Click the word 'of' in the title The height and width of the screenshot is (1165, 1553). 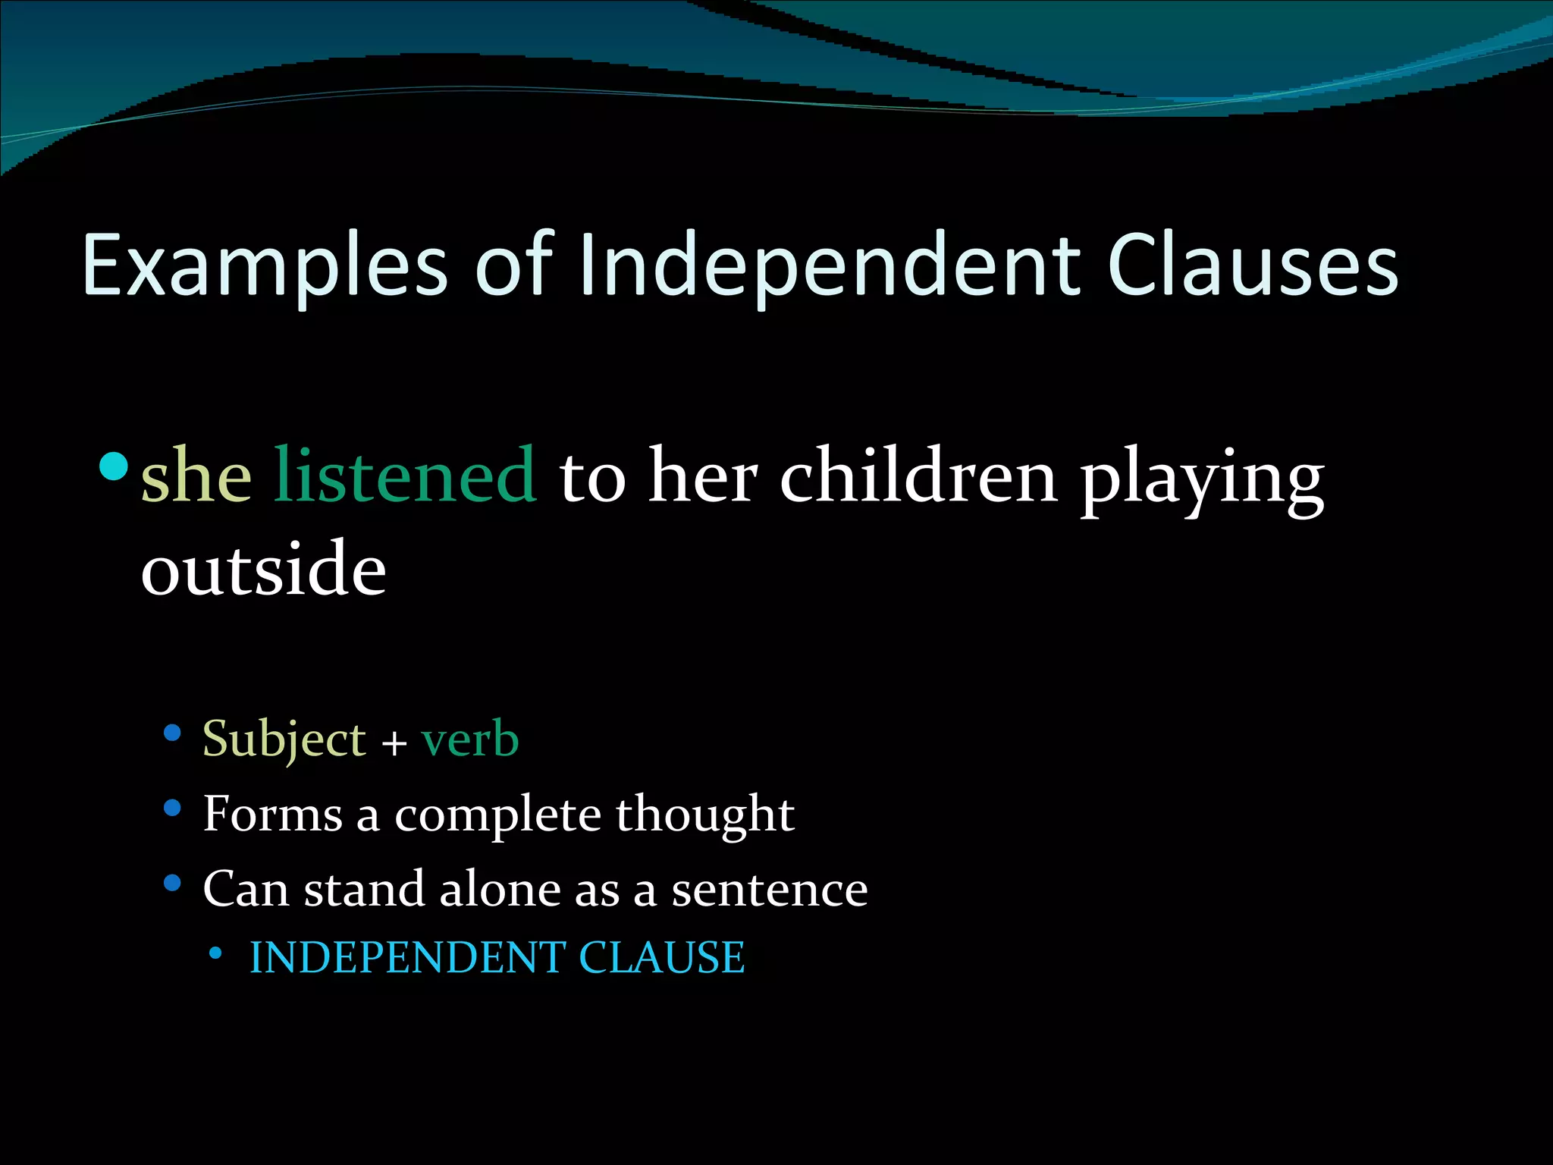[x=516, y=265]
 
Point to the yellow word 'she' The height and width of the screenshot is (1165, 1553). [x=196, y=476]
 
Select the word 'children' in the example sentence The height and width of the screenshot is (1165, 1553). [x=918, y=476]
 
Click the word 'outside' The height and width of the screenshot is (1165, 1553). [x=264, y=569]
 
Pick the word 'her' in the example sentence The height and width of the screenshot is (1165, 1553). [x=703, y=476]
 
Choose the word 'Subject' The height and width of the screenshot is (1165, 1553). [x=284, y=740]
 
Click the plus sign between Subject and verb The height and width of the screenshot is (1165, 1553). [x=394, y=743]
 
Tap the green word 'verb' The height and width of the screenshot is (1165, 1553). [x=470, y=740]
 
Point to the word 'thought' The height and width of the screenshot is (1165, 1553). [x=705, y=815]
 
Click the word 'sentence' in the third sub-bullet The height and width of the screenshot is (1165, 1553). [x=770, y=890]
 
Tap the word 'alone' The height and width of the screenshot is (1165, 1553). [x=500, y=889]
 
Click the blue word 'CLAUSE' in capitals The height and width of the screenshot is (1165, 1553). [x=662, y=957]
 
